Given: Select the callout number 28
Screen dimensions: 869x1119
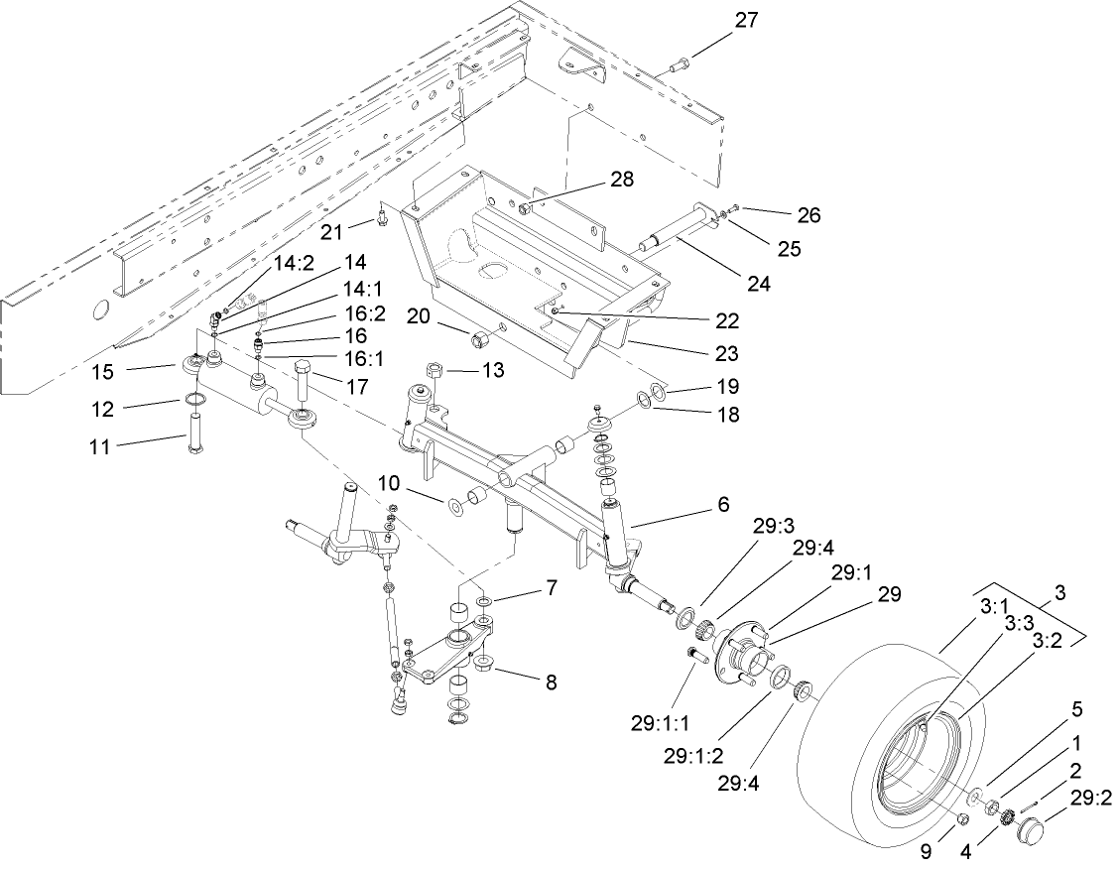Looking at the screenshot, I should coord(594,180).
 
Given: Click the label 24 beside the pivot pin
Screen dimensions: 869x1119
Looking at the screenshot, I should coord(759,282).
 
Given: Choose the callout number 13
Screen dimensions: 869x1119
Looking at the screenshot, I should coord(493,370).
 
